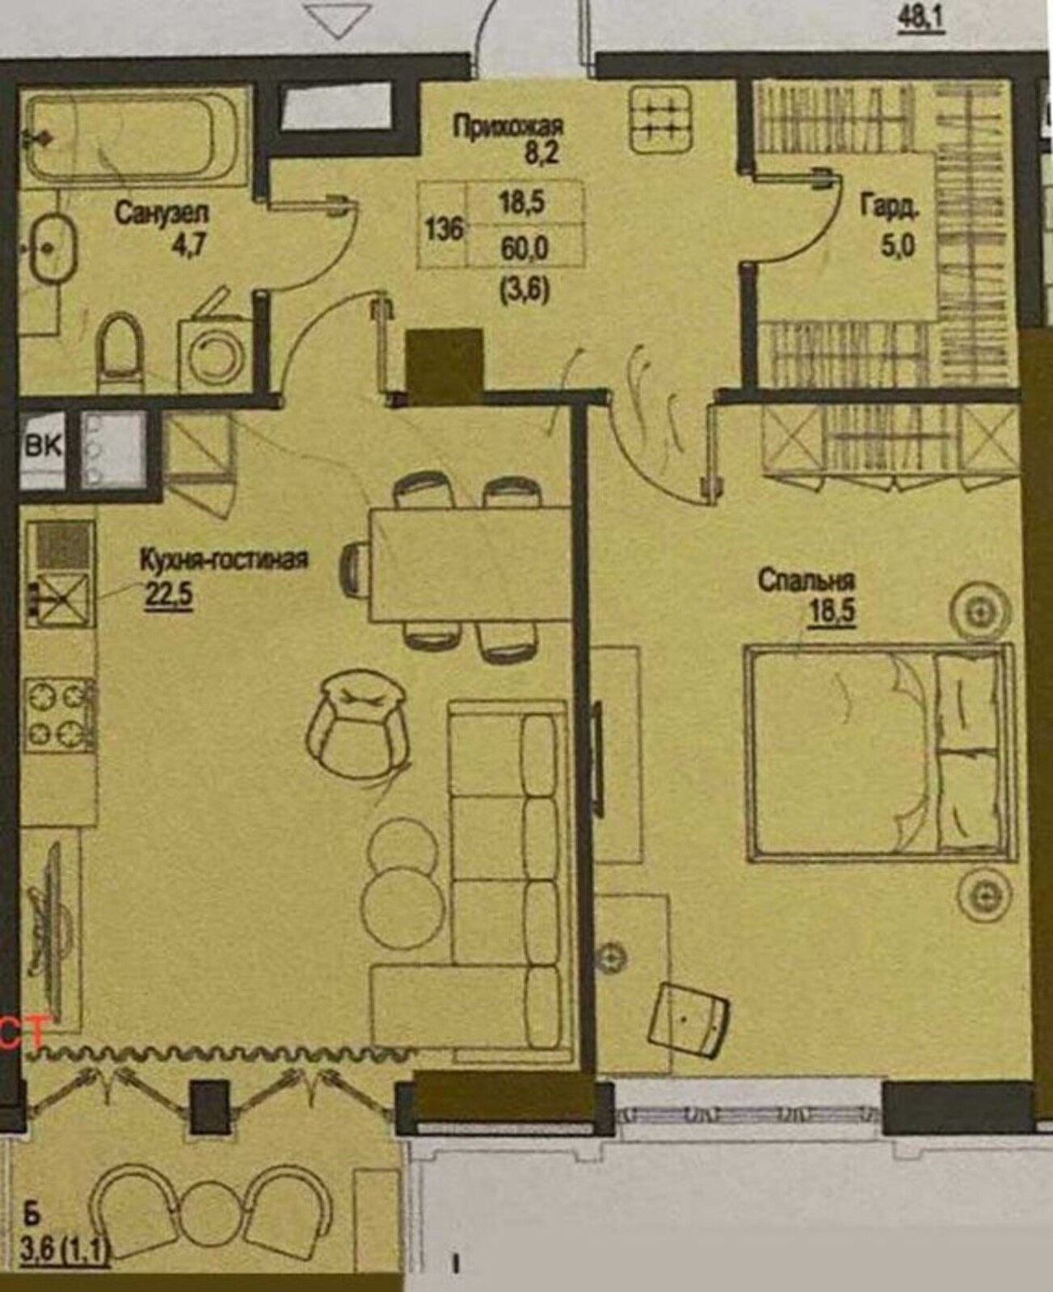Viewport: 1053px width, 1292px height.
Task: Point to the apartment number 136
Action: click(x=444, y=230)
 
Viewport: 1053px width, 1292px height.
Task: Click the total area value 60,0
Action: click(x=524, y=249)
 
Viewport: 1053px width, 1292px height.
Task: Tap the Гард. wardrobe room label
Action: click(x=889, y=208)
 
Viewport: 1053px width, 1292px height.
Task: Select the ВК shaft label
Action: click(x=43, y=447)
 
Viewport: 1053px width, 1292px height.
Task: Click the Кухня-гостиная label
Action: click(x=224, y=559)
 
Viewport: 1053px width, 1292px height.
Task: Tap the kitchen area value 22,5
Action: click(x=168, y=594)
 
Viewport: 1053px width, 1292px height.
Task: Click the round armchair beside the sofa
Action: click(x=358, y=724)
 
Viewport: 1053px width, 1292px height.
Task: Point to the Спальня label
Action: click(x=806, y=581)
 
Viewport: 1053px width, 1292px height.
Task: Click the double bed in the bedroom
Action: click(x=881, y=752)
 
